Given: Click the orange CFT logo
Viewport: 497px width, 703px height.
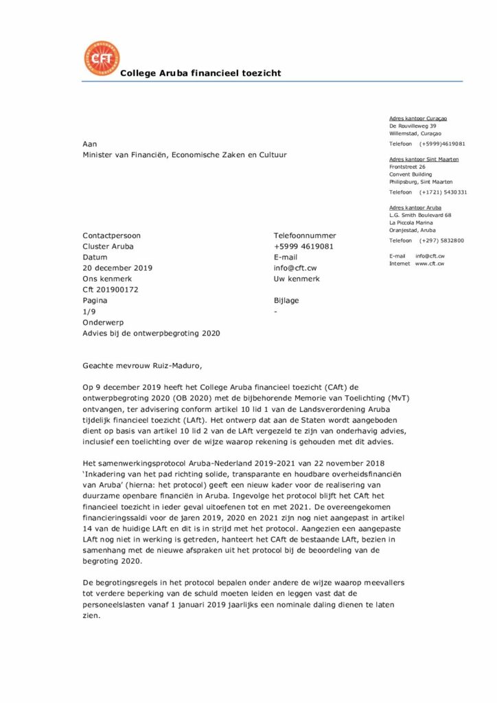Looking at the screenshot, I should tap(101, 58).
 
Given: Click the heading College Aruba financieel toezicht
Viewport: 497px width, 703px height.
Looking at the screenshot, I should tap(200, 73).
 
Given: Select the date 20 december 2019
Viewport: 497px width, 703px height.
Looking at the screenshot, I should tap(117, 268).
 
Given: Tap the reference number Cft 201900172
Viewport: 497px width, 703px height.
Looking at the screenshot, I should tap(111, 290).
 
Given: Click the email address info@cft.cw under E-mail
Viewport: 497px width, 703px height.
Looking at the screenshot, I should tap(295, 268).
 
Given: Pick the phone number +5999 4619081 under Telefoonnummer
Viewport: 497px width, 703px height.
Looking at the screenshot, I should tap(303, 246).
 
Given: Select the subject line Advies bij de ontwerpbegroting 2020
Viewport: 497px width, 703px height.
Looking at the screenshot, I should tap(151, 333).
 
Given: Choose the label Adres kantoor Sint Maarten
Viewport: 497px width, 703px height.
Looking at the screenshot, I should tap(424, 159).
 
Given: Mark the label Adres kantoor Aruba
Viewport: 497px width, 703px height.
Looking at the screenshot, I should tap(415, 207).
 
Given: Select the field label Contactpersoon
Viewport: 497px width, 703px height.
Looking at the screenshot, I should tap(110, 235).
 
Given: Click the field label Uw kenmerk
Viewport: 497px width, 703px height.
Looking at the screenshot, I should tap(297, 279).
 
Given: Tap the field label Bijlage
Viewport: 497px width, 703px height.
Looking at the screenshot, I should tap(286, 300).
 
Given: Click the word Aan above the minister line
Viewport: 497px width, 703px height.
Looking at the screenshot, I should tap(90, 144).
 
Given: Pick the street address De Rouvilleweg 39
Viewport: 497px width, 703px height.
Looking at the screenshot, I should tap(413, 126).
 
